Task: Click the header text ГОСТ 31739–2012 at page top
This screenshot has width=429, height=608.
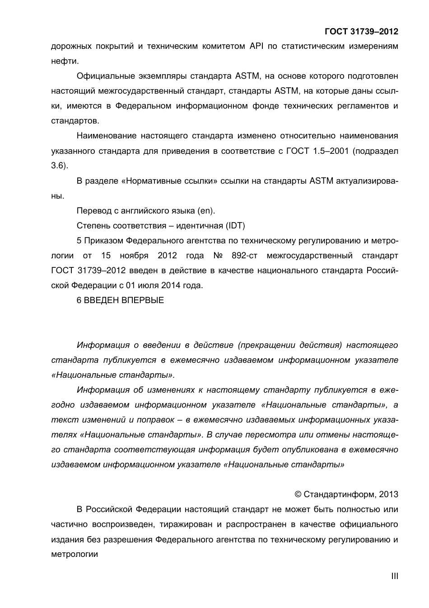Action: click(361, 32)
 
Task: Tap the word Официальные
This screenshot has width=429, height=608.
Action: click(103, 76)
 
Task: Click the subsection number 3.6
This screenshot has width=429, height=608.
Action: click(58, 166)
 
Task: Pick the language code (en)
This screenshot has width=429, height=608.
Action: click(206, 211)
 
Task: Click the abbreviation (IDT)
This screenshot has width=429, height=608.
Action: click(236, 225)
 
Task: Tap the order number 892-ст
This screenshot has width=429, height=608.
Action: click(244, 256)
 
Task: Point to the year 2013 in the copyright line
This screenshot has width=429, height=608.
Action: click(389, 494)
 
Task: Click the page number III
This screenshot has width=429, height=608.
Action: click(394, 576)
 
